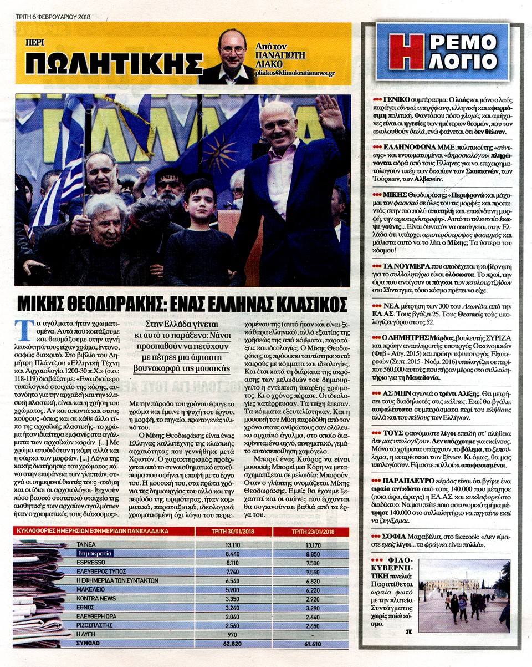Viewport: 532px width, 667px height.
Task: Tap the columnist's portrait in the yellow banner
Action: [231, 54]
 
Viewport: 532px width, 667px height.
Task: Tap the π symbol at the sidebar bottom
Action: [409, 630]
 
